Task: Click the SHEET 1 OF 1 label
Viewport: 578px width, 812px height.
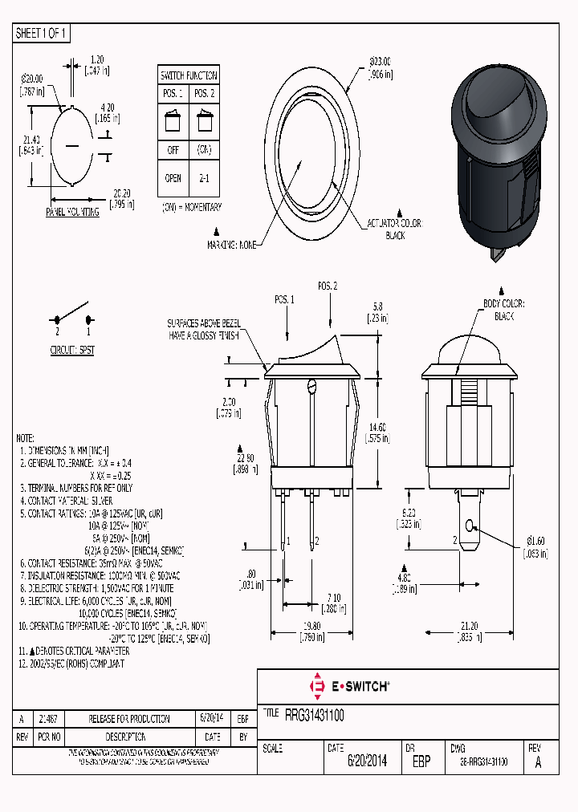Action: (43, 34)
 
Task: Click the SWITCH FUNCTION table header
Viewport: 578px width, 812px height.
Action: (189, 75)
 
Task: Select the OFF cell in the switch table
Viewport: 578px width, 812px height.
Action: (173, 150)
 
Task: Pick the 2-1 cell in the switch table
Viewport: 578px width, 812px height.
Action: (204, 179)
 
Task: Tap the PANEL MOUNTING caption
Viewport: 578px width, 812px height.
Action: (72, 213)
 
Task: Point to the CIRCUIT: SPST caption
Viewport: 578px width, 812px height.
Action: (72, 351)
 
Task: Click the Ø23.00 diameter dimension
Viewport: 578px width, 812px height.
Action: (380, 67)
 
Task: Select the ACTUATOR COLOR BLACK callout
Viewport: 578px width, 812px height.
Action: (394, 229)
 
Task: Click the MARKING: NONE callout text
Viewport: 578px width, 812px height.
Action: (232, 245)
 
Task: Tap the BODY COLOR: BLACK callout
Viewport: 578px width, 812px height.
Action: (503, 310)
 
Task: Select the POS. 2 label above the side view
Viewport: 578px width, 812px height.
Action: (327, 286)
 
